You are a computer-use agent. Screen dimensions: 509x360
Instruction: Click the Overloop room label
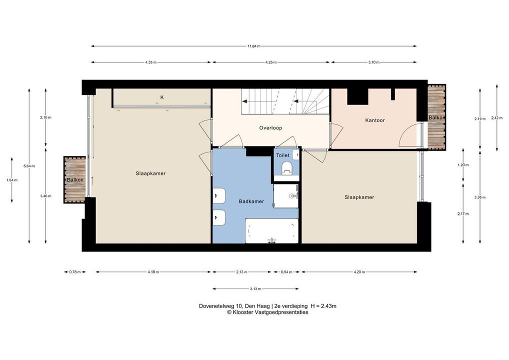270,128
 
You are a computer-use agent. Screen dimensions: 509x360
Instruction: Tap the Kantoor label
375,120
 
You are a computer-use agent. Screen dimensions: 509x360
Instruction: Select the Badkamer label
251,201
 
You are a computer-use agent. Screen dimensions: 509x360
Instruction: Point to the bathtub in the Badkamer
271,231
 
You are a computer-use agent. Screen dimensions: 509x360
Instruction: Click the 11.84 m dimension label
254,46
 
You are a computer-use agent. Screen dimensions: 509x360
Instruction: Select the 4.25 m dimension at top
270,62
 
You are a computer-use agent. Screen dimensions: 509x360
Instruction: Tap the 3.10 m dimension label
373,62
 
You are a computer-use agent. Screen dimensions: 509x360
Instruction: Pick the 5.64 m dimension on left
29,166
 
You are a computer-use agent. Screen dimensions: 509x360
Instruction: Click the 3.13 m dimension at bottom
255,288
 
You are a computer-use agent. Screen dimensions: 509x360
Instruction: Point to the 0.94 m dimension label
286,272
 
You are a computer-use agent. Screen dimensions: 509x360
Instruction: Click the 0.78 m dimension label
75,272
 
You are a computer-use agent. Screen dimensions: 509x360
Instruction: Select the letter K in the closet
162,97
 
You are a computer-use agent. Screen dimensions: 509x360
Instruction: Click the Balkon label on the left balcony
75,180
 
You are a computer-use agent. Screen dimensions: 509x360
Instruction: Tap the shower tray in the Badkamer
286,196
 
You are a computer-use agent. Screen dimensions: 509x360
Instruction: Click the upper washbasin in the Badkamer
219,195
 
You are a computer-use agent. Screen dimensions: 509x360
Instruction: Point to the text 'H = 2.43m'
323,306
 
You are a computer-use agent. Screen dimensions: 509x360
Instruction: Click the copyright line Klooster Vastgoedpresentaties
267,312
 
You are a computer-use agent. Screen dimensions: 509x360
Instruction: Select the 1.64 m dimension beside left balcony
12,180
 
